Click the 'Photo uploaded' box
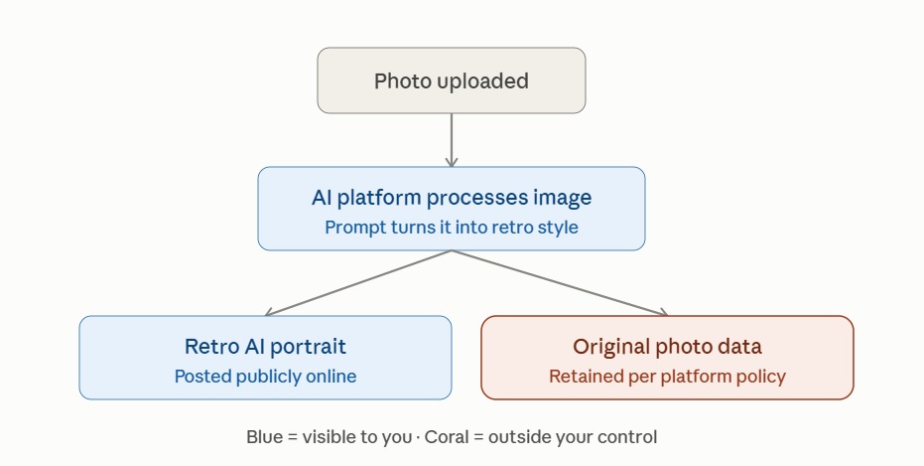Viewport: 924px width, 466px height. point(452,80)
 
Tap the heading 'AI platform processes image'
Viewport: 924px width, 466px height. point(452,198)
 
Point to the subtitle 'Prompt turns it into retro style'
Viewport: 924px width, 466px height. point(452,228)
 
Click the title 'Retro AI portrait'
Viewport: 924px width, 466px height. point(265,346)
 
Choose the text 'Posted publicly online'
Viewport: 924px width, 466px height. point(265,377)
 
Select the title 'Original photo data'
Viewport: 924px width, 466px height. point(667,346)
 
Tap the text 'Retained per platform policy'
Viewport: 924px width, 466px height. point(667,377)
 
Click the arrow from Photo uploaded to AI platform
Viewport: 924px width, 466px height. point(452,140)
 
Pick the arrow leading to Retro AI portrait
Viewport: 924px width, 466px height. point(358,283)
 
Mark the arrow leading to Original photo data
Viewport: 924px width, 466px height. point(560,283)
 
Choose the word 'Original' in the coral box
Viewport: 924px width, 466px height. point(608,347)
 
